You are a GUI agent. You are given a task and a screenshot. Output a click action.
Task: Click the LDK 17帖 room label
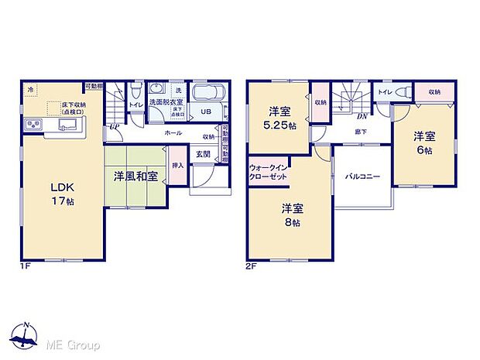coord(63,194)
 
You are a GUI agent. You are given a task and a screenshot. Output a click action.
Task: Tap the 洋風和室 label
coord(135,177)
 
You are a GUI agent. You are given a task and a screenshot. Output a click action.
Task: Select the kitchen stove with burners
coord(36,125)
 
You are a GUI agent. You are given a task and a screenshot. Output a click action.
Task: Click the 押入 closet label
coord(177,166)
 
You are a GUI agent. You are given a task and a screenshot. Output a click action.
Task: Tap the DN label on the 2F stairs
coord(361,116)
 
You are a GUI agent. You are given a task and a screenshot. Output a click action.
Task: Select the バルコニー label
coord(362,177)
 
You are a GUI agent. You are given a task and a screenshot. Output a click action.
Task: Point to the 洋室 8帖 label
coord(291,215)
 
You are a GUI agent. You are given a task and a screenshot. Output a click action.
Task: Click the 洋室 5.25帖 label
coord(279,118)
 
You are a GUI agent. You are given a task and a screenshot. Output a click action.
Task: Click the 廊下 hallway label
coord(361,132)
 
